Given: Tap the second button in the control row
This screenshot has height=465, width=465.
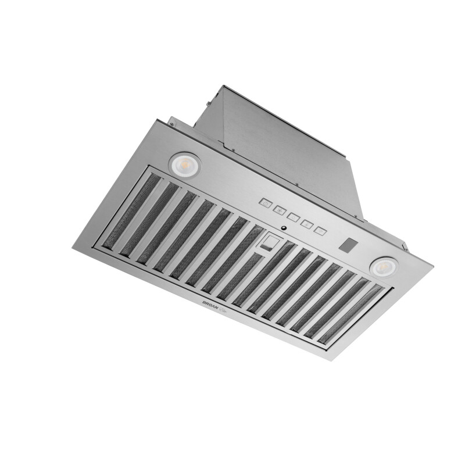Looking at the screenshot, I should point(279,210).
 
